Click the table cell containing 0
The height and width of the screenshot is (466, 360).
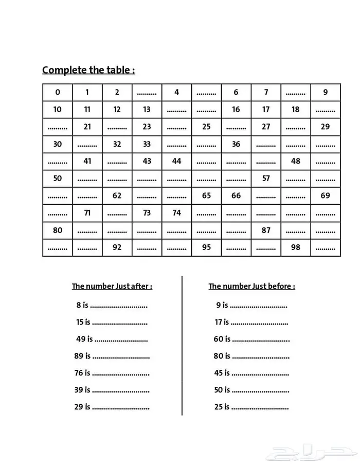point(57,93)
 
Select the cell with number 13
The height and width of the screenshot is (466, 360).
point(147,110)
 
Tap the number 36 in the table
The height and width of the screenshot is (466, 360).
point(236,145)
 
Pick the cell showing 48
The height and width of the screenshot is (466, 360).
point(295,161)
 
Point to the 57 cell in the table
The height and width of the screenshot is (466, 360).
point(266,178)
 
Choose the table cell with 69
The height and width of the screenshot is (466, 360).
point(325,195)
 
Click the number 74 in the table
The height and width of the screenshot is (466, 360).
point(176,213)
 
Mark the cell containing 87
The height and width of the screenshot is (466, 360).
point(266,230)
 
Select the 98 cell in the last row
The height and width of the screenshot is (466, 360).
point(295,247)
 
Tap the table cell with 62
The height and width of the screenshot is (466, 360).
point(117,195)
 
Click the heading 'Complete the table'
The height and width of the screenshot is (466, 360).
point(88,70)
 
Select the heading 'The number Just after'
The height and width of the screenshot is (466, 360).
point(112,286)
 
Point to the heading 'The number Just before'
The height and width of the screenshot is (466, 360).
point(251,286)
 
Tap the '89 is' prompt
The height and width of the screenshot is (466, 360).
point(82,356)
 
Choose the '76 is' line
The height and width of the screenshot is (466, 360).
point(83,373)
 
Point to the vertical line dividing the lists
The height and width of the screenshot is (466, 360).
point(182,345)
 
